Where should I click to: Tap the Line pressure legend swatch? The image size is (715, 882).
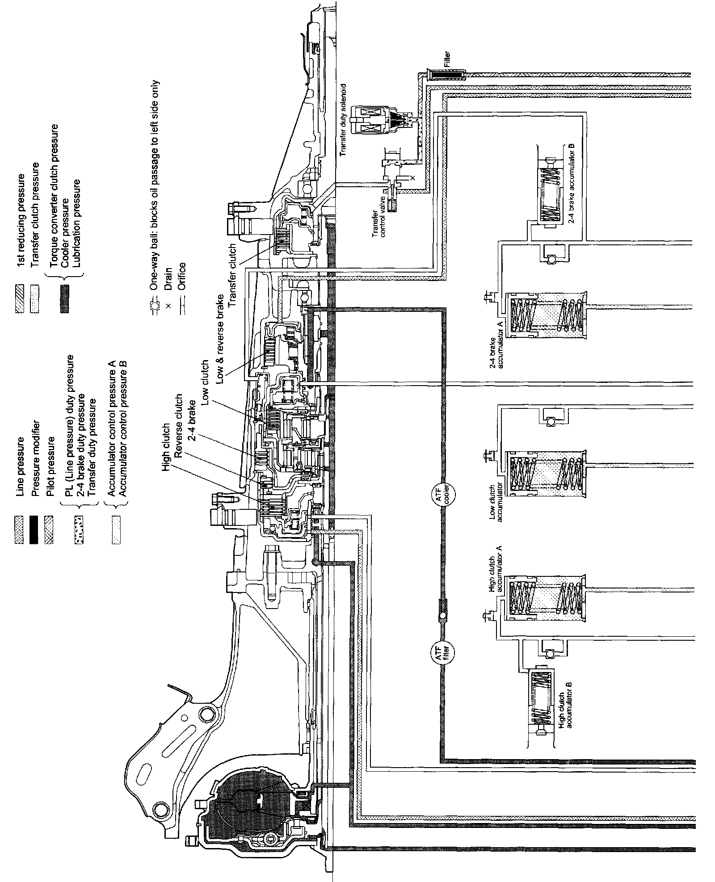point(19,523)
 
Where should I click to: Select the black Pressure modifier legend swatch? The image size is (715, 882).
point(34,523)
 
